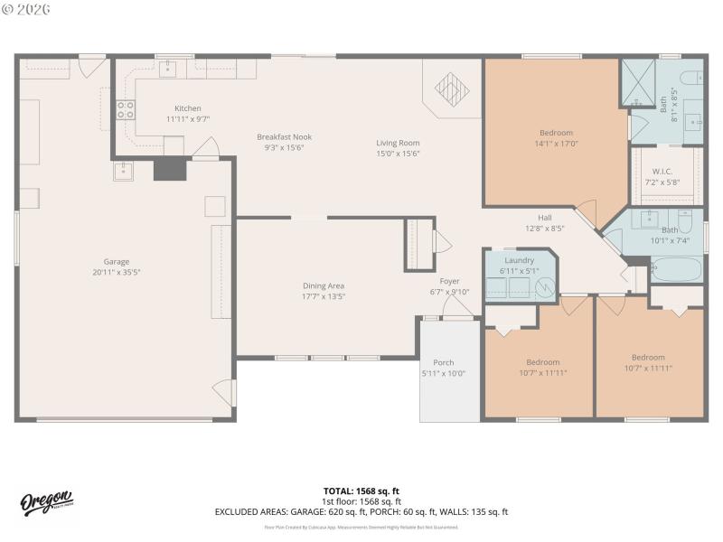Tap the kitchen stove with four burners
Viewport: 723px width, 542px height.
(x=126, y=110)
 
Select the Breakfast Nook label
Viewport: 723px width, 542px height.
(x=284, y=137)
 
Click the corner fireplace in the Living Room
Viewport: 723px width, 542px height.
(x=452, y=89)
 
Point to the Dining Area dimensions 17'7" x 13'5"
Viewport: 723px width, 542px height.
(x=324, y=296)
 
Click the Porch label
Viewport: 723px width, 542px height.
(x=443, y=362)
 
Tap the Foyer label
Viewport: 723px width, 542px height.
(x=449, y=281)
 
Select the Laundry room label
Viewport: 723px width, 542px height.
(x=519, y=260)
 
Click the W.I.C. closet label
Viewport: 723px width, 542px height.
(x=662, y=171)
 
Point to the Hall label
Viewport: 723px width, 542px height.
(x=545, y=218)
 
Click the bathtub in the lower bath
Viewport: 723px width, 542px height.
(x=676, y=269)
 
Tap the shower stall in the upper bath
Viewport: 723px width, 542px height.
(x=638, y=83)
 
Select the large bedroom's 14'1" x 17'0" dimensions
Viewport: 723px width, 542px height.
(x=556, y=143)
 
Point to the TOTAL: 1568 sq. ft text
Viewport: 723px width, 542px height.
(x=361, y=491)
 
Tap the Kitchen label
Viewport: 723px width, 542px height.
(x=188, y=108)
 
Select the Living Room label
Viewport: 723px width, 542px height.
(x=398, y=143)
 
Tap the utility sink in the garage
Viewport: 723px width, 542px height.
(x=123, y=171)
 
